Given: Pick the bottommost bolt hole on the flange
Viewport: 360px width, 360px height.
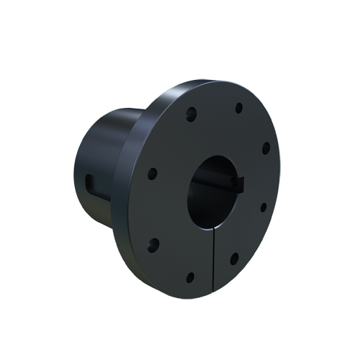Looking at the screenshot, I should click(190, 276).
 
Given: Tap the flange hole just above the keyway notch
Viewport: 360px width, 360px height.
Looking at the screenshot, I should click(265, 148).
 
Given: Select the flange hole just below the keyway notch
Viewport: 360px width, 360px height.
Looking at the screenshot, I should click(263, 207).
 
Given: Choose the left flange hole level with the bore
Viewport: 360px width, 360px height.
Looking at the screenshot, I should click(152, 174).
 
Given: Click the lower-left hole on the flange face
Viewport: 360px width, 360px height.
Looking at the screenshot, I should click(153, 243).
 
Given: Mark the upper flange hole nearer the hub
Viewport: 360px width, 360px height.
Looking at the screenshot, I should click(192, 113).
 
